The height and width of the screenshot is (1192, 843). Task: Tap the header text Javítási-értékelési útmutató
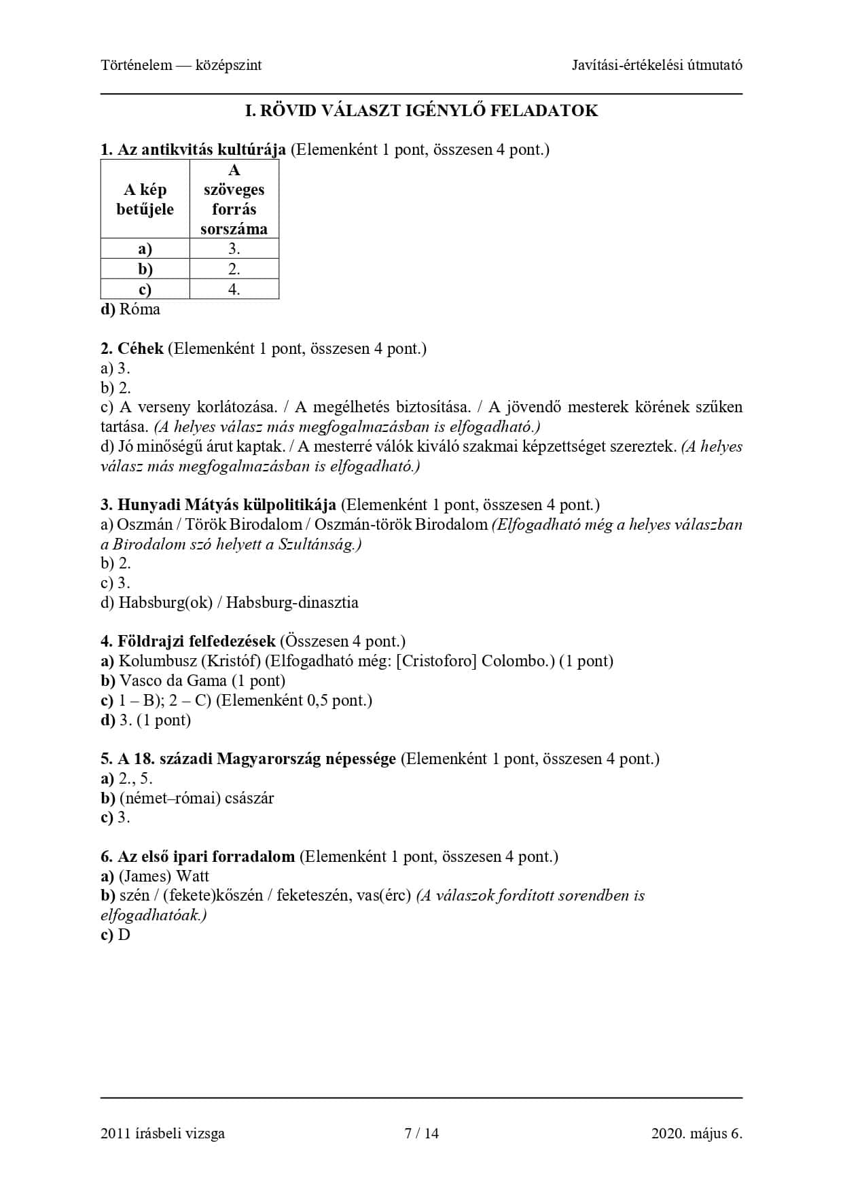coord(656,65)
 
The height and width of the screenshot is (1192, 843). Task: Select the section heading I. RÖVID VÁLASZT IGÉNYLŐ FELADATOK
coord(421,111)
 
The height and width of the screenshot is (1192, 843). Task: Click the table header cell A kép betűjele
coord(145,199)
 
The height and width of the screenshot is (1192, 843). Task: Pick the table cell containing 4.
coord(234,289)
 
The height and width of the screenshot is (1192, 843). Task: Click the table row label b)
coord(145,269)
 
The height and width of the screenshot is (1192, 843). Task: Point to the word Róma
coord(140,310)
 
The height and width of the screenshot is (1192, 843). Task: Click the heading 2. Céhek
coord(132,349)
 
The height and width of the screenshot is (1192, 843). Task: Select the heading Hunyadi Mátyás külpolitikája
coord(226,505)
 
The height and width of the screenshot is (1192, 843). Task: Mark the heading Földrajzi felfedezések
coord(196,641)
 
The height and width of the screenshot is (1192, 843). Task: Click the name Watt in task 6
coord(192,876)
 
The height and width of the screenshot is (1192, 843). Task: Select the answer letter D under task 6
coord(124,935)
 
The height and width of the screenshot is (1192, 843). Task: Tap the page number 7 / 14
coord(421,1133)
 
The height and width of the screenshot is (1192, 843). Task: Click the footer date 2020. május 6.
coord(696,1133)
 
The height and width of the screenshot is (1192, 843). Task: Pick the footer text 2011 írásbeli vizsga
coord(162,1133)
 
